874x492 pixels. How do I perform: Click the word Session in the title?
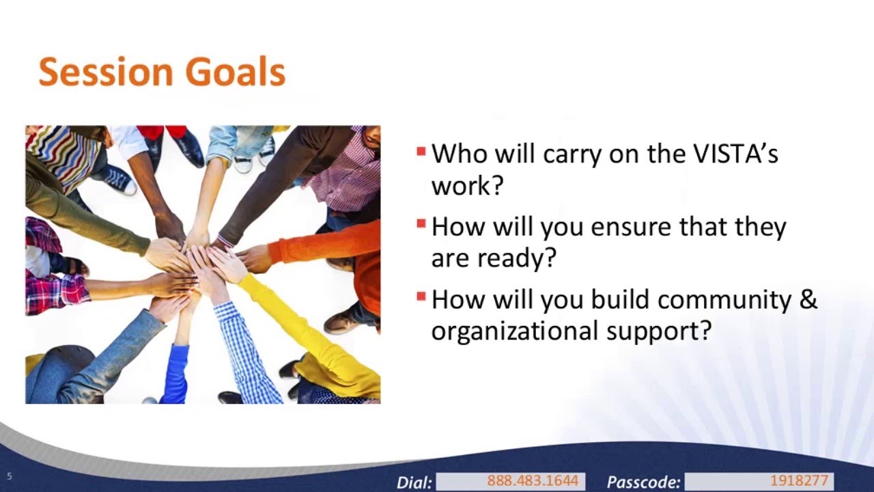[106, 72]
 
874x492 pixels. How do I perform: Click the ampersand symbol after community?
[808, 299]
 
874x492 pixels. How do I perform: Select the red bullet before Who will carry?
[421, 151]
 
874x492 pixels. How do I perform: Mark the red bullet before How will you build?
[421, 297]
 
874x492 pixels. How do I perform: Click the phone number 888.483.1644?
[533, 480]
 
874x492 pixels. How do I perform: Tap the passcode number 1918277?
[799, 480]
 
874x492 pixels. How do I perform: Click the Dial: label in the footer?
[414, 482]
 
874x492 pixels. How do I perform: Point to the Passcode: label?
[643, 482]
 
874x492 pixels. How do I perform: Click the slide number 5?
[10, 476]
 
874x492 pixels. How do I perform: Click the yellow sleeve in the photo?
[308, 336]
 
